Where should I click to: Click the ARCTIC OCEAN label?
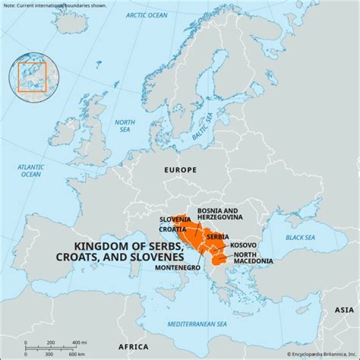click(x=146, y=15)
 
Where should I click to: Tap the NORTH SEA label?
click(x=124, y=126)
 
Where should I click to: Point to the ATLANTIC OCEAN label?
click(x=30, y=170)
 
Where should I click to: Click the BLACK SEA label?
click(x=300, y=237)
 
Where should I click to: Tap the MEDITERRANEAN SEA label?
click(x=197, y=324)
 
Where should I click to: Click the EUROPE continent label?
click(x=180, y=170)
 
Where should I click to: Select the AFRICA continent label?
click(x=133, y=347)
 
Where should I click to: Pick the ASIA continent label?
click(x=344, y=310)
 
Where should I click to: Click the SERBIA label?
click(x=218, y=236)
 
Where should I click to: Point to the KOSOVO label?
click(x=243, y=245)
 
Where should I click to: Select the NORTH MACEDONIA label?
click(x=253, y=258)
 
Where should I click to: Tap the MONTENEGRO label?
click(x=177, y=268)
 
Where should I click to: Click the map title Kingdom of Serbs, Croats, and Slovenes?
click(x=129, y=251)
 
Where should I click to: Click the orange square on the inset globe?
click(x=32, y=77)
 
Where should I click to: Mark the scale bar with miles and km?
click(x=50, y=348)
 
